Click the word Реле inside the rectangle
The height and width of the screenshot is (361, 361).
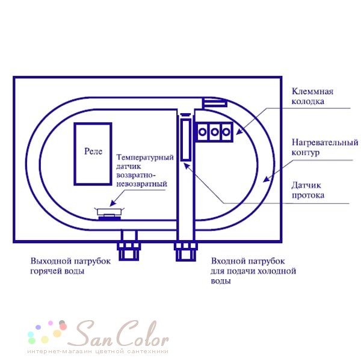[93, 151]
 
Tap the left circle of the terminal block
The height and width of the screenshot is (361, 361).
[202, 132]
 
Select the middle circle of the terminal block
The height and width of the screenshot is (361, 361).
[215, 132]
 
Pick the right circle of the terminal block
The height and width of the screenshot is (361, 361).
[226, 132]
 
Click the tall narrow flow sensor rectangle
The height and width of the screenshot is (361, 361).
[186, 140]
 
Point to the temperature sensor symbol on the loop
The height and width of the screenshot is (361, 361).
[110, 214]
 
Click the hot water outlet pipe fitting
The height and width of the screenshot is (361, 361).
[129, 245]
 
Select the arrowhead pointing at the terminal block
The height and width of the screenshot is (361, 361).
[239, 131]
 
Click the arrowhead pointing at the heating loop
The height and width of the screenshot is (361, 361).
[267, 179]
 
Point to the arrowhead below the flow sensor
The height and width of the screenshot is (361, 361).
[187, 166]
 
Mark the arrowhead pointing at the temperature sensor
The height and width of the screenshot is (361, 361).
[113, 203]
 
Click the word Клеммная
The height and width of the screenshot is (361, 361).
[312, 91]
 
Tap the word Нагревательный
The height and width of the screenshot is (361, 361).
[325, 142]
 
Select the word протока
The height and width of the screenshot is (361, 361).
[308, 195]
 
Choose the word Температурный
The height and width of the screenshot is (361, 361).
[145, 157]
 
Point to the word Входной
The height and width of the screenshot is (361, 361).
[229, 261]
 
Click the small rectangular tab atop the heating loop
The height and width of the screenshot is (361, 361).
[215, 103]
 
